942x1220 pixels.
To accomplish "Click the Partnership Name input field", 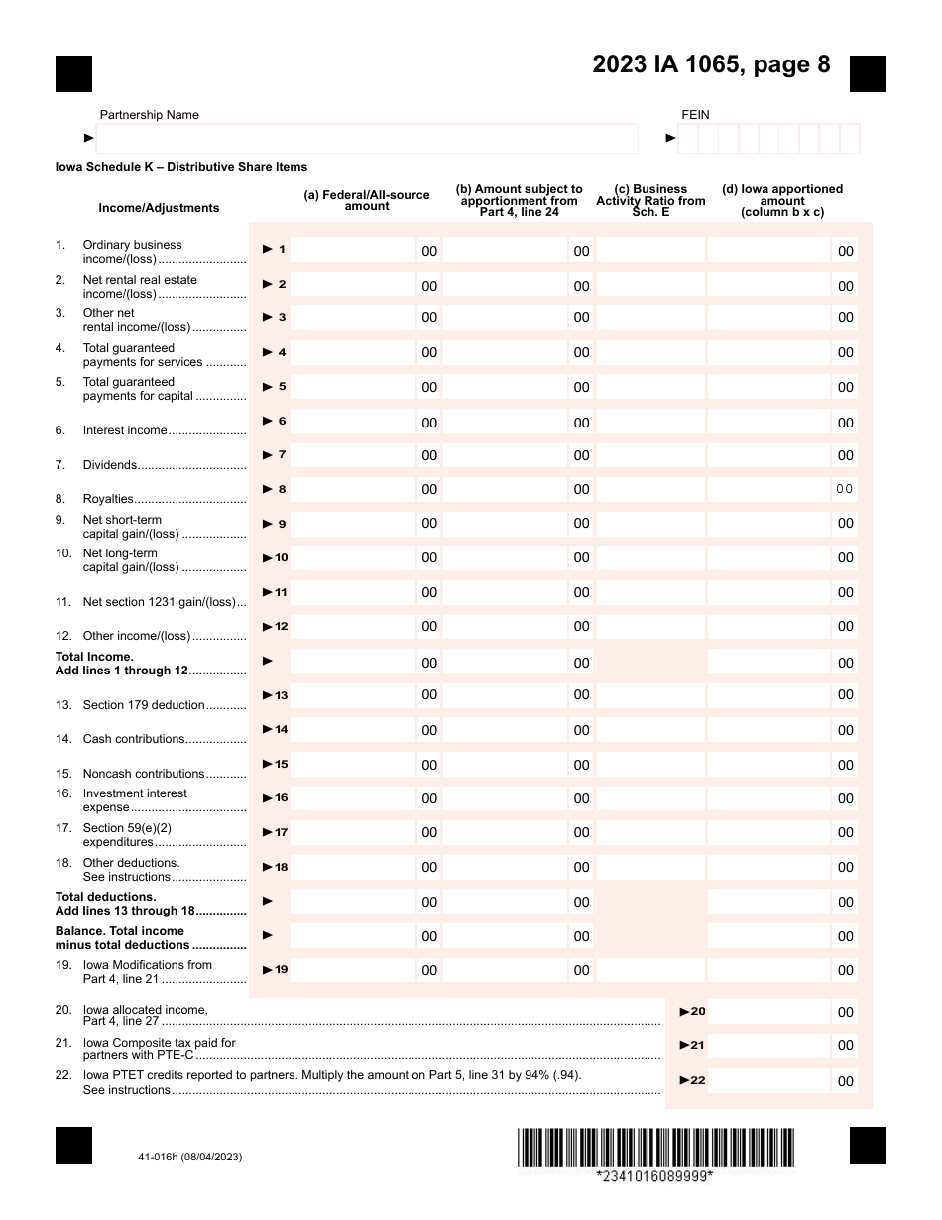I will (x=367, y=139).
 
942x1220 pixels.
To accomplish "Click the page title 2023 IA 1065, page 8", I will (x=711, y=65).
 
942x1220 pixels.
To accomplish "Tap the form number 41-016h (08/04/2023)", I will (x=190, y=1157).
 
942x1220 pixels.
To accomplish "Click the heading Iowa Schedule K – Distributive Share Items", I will (x=181, y=167).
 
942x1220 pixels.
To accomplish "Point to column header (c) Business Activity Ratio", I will (x=650, y=200).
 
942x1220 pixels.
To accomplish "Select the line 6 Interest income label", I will (x=125, y=430).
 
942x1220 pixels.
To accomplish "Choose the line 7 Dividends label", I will (x=110, y=465).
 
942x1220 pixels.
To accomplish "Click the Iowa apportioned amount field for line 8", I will (x=768, y=489).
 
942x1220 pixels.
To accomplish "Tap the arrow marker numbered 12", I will (x=275, y=627).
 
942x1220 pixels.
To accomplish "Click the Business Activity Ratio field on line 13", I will (x=650, y=695).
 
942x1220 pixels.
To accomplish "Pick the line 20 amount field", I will (x=768, y=1012).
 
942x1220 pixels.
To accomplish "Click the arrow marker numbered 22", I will (x=692, y=1080).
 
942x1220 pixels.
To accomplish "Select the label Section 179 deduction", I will (x=144, y=705).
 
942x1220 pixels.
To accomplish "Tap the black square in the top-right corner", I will (x=868, y=73).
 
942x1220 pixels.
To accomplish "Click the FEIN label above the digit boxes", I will (x=695, y=115).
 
